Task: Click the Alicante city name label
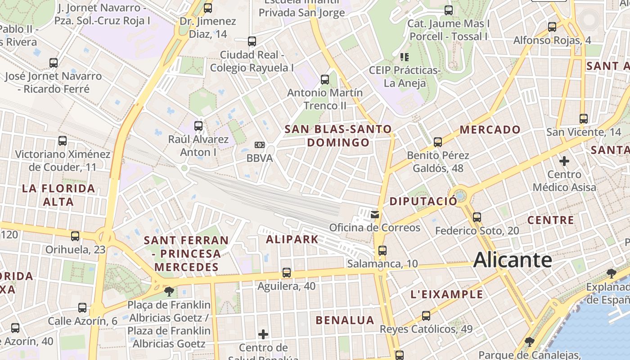[513, 260]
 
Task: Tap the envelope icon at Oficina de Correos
[375, 214]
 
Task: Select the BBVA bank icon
[260, 145]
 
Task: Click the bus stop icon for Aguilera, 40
[287, 273]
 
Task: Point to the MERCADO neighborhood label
[490, 130]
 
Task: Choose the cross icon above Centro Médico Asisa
[564, 161]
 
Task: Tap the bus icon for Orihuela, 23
[75, 236]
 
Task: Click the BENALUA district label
[345, 320]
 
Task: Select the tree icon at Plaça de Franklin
[169, 292]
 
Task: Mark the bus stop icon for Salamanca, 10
[382, 251]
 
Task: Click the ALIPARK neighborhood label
[292, 239]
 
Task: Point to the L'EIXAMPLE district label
[446, 295]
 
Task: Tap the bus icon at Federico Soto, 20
[477, 217]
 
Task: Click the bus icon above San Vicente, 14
[584, 119]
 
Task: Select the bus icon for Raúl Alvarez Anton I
[198, 126]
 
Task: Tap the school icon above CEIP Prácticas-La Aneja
[405, 57]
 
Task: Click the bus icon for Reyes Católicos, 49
[426, 316]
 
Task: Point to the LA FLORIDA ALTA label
[58, 195]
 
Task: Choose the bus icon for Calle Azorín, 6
[82, 308]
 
